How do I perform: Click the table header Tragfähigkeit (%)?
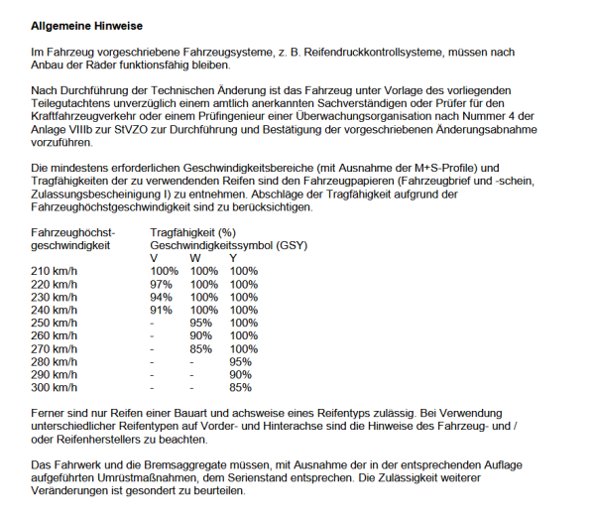pyautogui.click(x=191, y=232)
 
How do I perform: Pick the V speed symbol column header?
pyautogui.click(x=155, y=258)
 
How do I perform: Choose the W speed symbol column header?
pyautogui.click(x=194, y=258)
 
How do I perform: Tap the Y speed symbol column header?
pyautogui.click(x=233, y=258)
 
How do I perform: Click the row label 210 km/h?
pyautogui.click(x=55, y=271)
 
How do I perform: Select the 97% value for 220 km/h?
pyautogui.click(x=161, y=284)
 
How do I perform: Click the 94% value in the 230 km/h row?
pyautogui.click(x=161, y=297)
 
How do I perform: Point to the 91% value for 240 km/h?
pyautogui.click(x=161, y=310)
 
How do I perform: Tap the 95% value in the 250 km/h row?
pyautogui.click(x=201, y=323)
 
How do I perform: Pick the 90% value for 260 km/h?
pyautogui.click(x=201, y=335)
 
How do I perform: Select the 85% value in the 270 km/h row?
pyautogui.click(x=201, y=348)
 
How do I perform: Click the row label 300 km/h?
pyautogui.click(x=55, y=387)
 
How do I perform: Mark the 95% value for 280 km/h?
pyautogui.click(x=241, y=361)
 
